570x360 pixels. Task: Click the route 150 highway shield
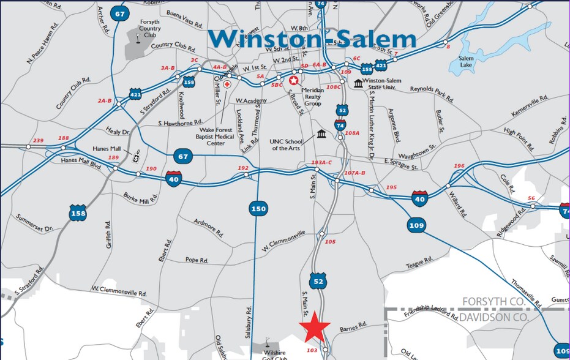[x=258, y=209]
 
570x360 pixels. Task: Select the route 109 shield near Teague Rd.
[x=416, y=225]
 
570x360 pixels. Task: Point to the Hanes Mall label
[x=108, y=148]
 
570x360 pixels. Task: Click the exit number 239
[x=39, y=141]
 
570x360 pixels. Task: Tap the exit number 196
[x=459, y=166]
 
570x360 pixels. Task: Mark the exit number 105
[x=331, y=242]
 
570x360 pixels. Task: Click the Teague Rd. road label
[x=420, y=264]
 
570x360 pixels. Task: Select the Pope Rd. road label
[x=197, y=260]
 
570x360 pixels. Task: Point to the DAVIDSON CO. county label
[x=494, y=318]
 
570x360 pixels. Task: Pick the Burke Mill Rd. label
[x=140, y=198]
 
